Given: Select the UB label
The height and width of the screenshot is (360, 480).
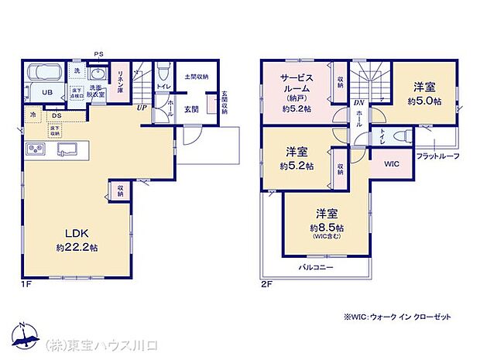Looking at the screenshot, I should (x=47, y=92).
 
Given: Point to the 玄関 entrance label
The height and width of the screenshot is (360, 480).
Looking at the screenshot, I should (x=192, y=109).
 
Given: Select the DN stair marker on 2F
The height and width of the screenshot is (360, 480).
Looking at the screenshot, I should (x=358, y=102).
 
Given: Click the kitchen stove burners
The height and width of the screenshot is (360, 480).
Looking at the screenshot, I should (x=36, y=149).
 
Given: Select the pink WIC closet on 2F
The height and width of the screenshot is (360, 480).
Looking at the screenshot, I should (x=393, y=164).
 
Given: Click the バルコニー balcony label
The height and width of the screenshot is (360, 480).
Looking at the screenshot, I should (x=317, y=267).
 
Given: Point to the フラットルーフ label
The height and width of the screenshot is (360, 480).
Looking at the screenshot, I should (x=437, y=156).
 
